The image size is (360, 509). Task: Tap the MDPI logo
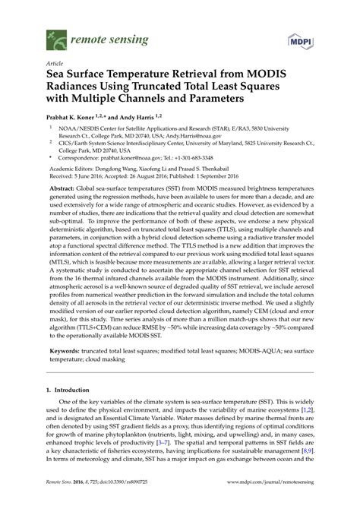pos(302,37)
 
